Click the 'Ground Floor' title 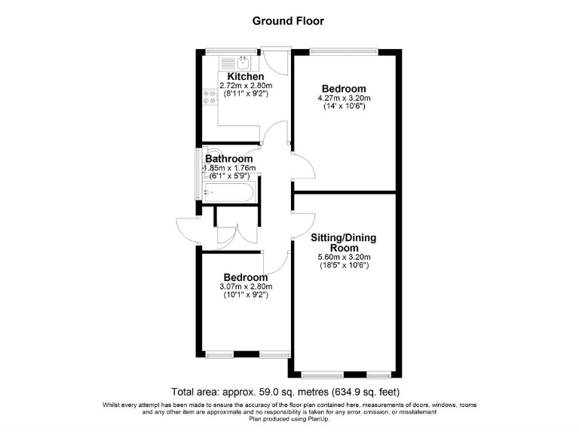pyautogui.click(x=288, y=21)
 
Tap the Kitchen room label pyautogui.click(x=246, y=77)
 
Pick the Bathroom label pyautogui.click(x=229, y=159)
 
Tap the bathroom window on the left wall pyautogui.click(x=198, y=173)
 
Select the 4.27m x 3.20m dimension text pyautogui.click(x=344, y=98)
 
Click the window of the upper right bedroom pyautogui.click(x=344, y=52)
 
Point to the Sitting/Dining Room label pyautogui.click(x=344, y=243)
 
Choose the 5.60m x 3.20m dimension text pyautogui.click(x=344, y=257)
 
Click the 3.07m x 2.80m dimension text pyautogui.click(x=246, y=286)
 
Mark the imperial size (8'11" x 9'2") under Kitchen pyautogui.click(x=246, y=95)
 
